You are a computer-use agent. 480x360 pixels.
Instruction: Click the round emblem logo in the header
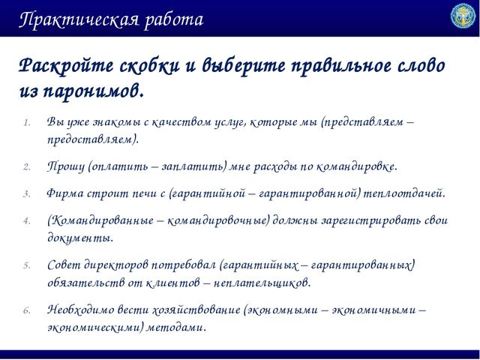[x=463, y=16]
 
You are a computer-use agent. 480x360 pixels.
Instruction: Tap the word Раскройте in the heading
[x=66, y=66]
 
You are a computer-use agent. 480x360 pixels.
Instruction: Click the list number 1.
[x=27, y=123]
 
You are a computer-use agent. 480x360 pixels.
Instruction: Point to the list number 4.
[x=27, y=221]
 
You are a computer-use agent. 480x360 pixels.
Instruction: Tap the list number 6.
[x=27, y=310]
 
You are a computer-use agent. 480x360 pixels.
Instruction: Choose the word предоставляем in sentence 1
[x=91, y=140]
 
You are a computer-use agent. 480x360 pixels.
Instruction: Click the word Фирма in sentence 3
[x=65, y=193]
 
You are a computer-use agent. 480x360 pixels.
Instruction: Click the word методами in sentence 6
[x=174, y=328]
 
